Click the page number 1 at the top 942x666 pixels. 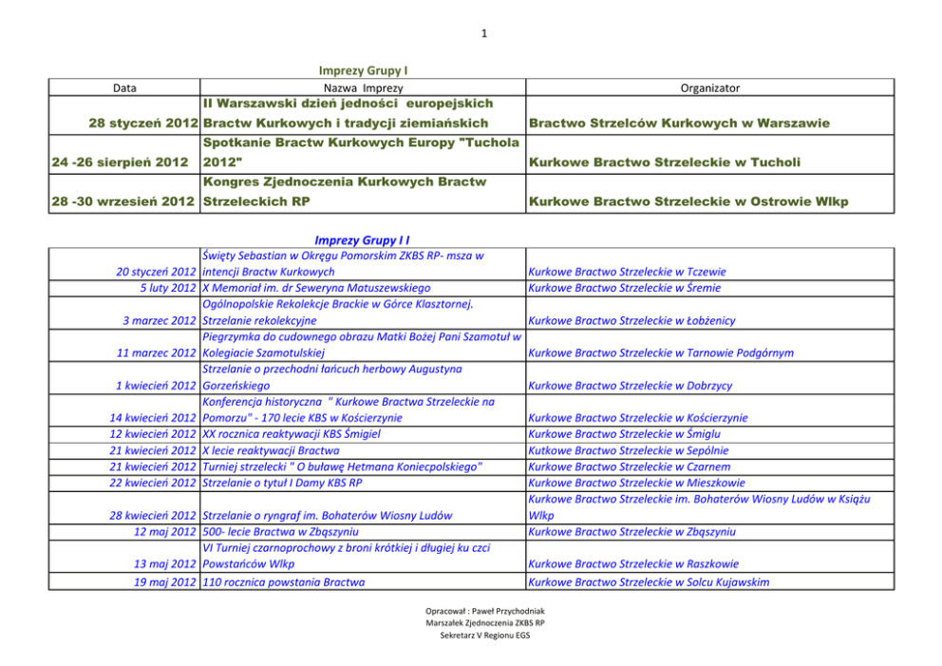pyautogui.click(x=483, y=35)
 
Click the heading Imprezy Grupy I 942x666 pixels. pyautogui.click(x=364, y=70)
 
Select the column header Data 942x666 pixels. pyautogui.click(x=124, y=88)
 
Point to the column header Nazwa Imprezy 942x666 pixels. pyautogui.click(x=364, y=88)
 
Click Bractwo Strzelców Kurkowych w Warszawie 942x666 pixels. pyautogui.click(x=679, y=124)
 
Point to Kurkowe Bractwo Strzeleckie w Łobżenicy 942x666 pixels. pyautogui.click(x=631, y=321)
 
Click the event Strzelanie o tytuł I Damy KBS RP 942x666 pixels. pyautogui.click(x=282, y=483)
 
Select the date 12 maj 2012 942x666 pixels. pyautogui.click(x=165, y=532)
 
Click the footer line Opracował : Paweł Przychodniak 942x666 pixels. pyautogui.click(x=485, y=611)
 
